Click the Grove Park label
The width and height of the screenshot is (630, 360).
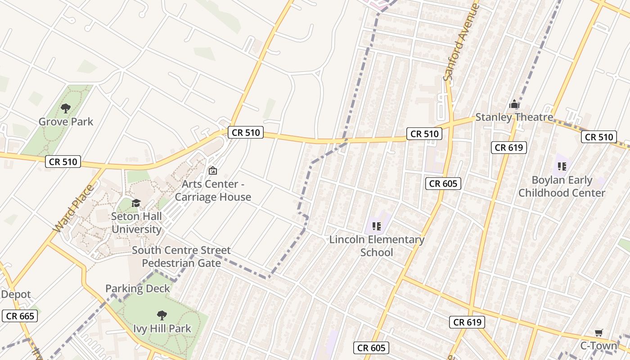pos(66,121)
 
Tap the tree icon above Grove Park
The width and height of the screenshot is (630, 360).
pos(66,108)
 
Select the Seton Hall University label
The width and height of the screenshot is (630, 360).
pos(136,223)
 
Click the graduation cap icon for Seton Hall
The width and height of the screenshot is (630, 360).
pos(136,203)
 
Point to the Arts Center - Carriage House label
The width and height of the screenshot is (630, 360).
pos(213,191)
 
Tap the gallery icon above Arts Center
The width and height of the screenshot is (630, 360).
pos(213,171)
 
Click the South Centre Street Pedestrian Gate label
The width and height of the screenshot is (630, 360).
pos(181,256)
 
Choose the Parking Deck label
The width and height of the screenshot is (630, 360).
pos(138,288)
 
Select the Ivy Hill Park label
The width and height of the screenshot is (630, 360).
pos(162,328)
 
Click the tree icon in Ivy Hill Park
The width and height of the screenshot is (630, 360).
pos(162,315)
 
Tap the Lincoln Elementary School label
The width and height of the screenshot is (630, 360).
pos(377,246)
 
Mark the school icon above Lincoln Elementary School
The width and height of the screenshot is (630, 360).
pos(377,226)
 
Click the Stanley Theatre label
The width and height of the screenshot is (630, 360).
pos(514,117)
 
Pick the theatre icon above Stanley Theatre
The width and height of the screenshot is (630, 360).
pos(514,104)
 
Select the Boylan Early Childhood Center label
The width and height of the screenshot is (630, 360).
pos(562,186)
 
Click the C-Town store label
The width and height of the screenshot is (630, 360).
pos(598,346)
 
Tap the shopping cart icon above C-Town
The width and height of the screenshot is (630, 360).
pos(598,333)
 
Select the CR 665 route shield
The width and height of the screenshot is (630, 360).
pos(20,316)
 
